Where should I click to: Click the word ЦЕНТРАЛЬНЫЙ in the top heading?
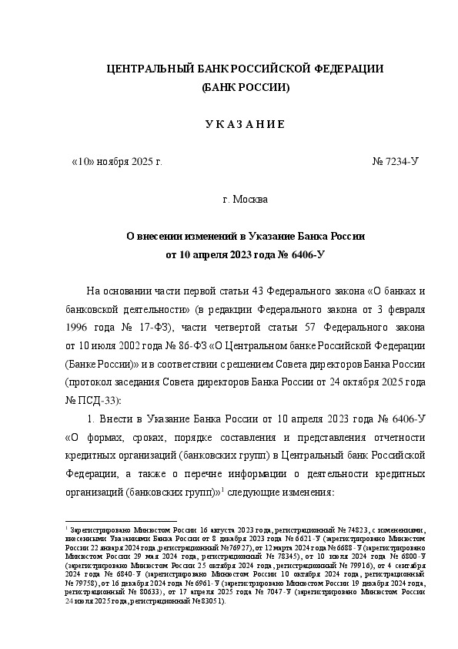pyautogui.click(x=142, y=70)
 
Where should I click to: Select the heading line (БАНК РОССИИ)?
pyautogui.click(x=245, y=89)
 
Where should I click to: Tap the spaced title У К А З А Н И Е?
pyautogui.click(x=244, y=125)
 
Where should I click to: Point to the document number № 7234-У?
pyautogui.click(x=395, y=163)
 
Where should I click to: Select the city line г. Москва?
pyautogui.click(x=245, y=200)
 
